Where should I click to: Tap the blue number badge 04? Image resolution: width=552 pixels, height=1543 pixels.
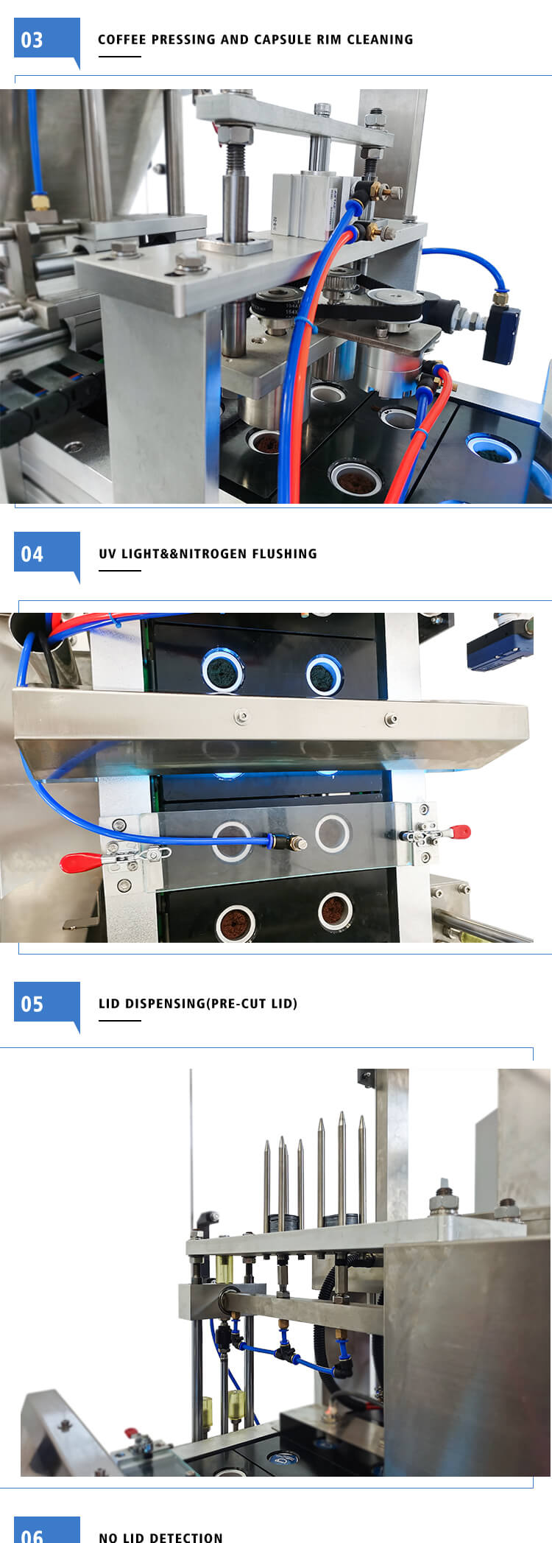pyautogui.click(x=46, y=555)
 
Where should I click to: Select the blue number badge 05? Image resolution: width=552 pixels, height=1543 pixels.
pyautogui.click(x=46, y=1005)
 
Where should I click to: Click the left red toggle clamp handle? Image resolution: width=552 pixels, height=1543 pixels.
pyautogui.click(x=81, y=861)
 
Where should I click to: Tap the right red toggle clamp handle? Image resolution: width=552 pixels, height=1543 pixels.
pyautogui.click(x=459, y=832)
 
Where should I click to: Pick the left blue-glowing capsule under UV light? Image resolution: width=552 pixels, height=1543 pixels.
pyautogui.click(x=223, y=671)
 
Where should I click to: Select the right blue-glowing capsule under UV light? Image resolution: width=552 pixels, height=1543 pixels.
pyautogui.click(x=324, y=673)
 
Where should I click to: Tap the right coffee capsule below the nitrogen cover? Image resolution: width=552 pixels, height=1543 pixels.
pyautogui.click(x=336, y=910)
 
